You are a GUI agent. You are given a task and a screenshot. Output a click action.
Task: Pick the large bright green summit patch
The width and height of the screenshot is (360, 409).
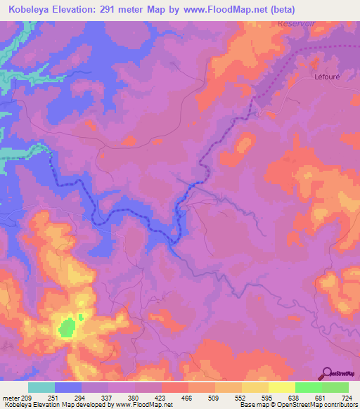pos(67,327)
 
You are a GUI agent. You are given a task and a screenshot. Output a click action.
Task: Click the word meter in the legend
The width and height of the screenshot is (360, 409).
pos(12,398)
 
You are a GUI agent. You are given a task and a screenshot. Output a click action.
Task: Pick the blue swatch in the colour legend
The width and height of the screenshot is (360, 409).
pos(67,387)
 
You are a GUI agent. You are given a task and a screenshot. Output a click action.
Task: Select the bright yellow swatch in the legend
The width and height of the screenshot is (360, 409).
pos(281,387)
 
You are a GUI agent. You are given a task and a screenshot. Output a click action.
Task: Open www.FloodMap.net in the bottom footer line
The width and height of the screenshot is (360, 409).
pos(144,405)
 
